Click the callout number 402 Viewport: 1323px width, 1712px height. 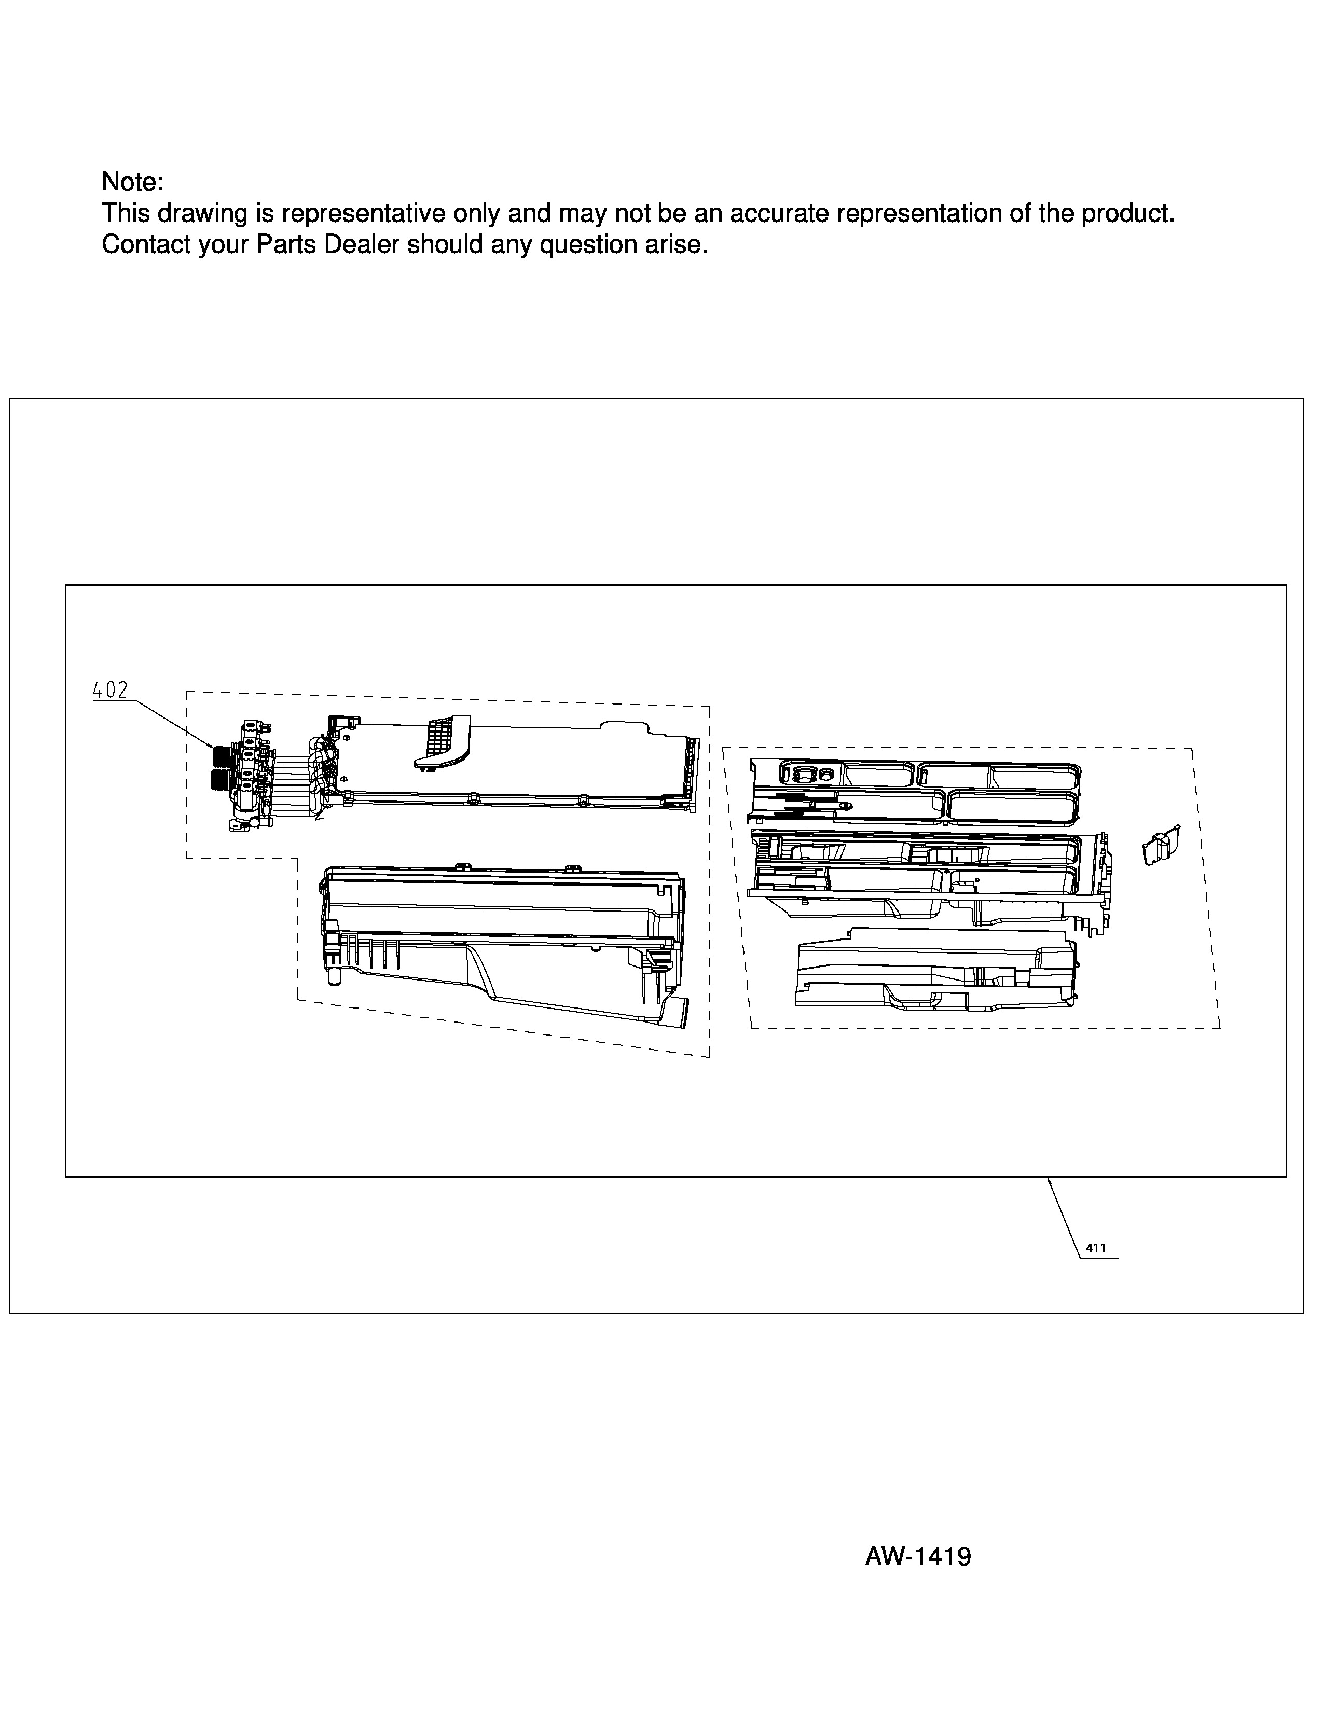[x=109, y=690]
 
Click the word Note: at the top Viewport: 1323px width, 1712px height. [x=132, y=182]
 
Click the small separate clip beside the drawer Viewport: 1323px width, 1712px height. [x=1161, y=845]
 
